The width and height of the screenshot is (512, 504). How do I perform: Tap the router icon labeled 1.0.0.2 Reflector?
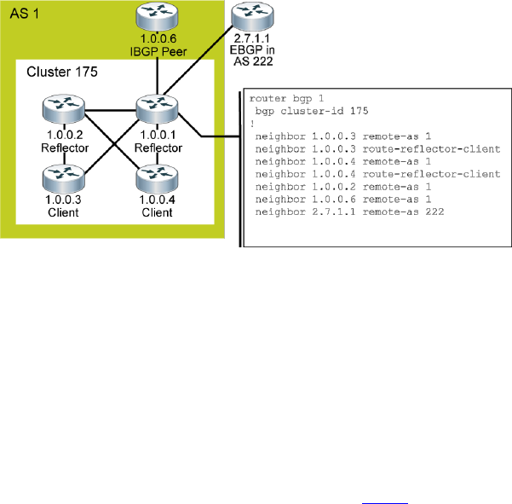(x=64, y=111)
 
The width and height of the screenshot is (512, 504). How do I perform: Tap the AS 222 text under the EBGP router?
(x=253, y=61)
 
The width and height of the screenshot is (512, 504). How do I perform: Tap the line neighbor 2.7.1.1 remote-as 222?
(x=349, y=211)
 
